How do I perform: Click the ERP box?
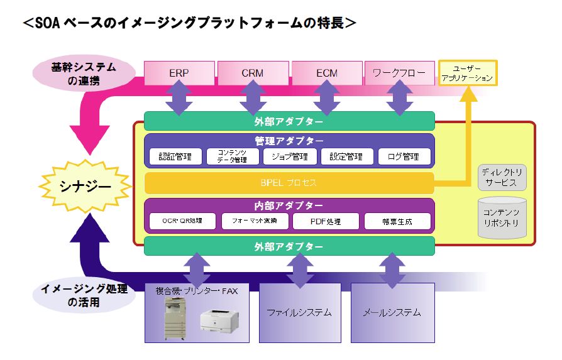pos(179,73)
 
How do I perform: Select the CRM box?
pos(253,73)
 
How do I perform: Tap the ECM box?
pos(327,73)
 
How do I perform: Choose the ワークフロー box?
pos(399,73)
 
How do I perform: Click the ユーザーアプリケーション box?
pos(468,74)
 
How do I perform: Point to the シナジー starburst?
pos(85,187)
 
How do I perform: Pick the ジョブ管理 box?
pos(290,156)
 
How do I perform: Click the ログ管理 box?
pos(404,156)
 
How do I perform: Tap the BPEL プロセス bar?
pos(289,183)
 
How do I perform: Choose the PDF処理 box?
pos(325,221)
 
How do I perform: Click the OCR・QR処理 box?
pos(181,221)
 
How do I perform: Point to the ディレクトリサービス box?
pos(501,177)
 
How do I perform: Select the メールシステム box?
pos(392,312)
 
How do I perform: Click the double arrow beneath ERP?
pos(179,99)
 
